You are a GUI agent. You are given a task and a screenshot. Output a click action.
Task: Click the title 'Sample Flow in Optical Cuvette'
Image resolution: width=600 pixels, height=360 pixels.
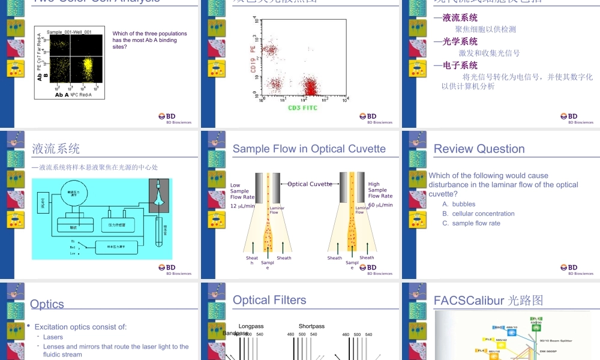coord(309,149)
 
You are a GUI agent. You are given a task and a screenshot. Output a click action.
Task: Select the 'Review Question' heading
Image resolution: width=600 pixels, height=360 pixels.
coord(479,149)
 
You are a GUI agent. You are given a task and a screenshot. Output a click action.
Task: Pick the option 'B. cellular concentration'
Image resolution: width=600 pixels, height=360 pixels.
coord(478,214)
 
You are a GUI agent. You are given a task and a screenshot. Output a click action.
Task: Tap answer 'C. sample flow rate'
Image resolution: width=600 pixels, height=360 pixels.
coord(471,223)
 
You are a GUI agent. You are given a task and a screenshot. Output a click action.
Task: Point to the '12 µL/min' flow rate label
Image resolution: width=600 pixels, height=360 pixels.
coord(242,205)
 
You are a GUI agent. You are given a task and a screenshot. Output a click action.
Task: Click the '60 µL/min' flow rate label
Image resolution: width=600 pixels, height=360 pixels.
coord(380,205)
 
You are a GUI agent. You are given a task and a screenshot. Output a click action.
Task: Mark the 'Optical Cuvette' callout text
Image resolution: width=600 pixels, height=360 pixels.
coord(310,184)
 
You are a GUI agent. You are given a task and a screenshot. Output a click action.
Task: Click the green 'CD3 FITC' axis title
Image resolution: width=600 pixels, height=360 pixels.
coord(302,108)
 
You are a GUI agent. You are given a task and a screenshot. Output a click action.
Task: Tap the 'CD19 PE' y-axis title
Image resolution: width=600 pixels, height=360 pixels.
coord(253,60)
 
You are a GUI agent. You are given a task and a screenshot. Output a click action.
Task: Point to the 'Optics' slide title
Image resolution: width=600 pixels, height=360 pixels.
coord(47,304)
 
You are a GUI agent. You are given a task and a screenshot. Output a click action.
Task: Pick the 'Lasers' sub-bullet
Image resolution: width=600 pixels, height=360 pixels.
coord(53,337)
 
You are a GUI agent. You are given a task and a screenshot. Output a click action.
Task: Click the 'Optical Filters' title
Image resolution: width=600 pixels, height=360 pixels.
coord(269,300)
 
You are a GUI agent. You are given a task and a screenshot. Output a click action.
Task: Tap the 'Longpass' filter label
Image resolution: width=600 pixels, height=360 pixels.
coord(251,326)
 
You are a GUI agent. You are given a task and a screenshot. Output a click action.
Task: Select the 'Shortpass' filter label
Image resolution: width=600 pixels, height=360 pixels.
coord(311,326)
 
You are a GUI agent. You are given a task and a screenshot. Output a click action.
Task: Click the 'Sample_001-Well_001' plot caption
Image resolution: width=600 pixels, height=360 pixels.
coord(69,32)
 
